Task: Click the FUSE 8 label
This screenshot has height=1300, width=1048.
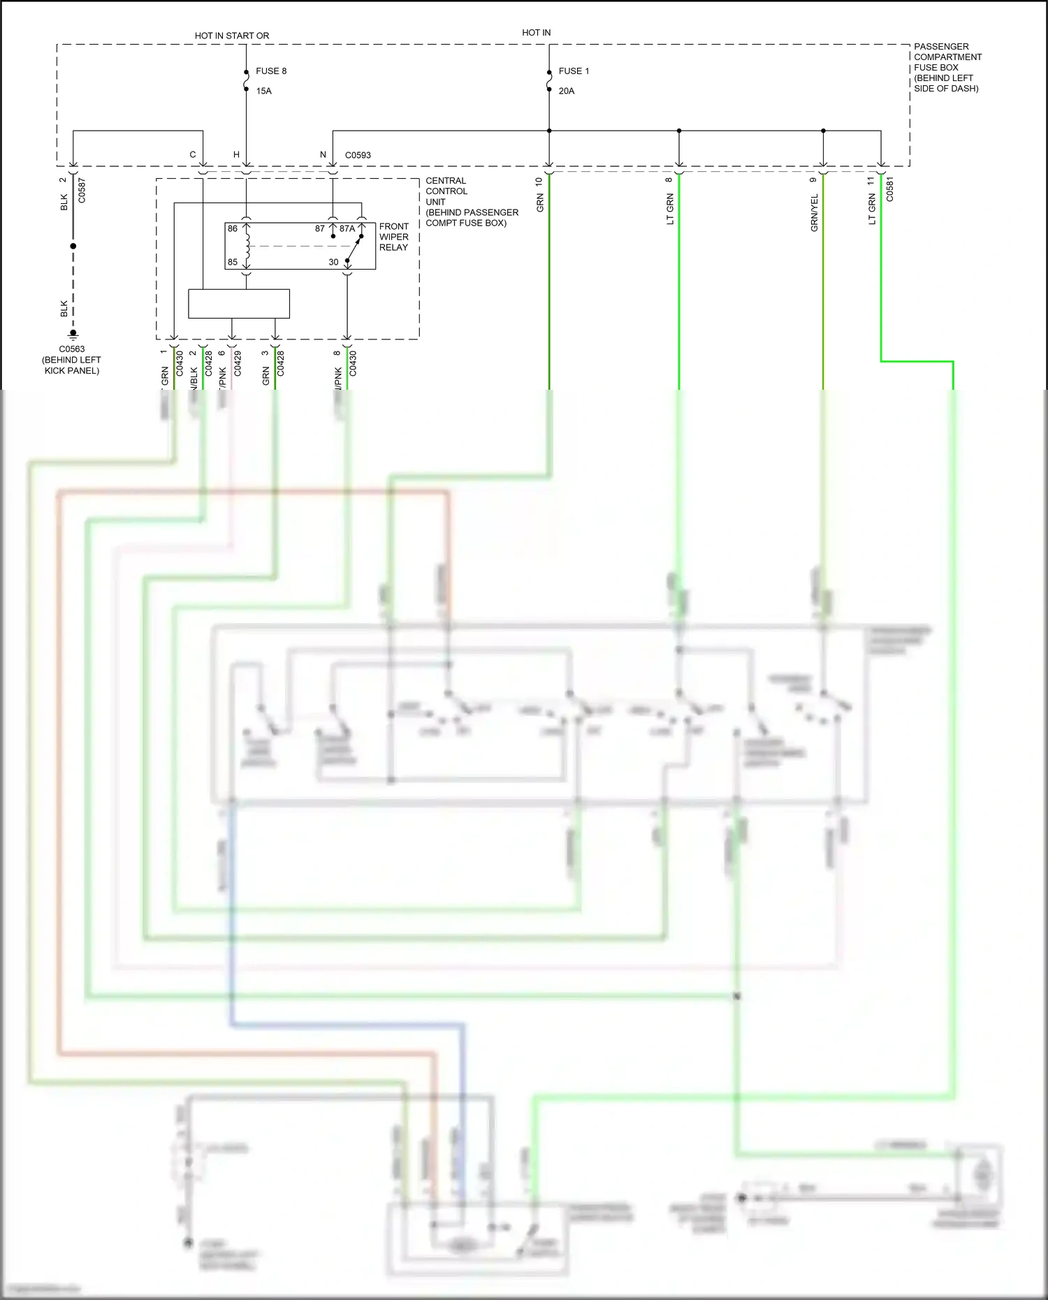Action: click(x=271, y=71)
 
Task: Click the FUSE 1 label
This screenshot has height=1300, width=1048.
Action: click(x=574, y=71)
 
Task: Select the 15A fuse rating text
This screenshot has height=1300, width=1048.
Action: click(x=263, y=92)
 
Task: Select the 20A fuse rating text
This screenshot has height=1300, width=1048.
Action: click(x=566, y=92)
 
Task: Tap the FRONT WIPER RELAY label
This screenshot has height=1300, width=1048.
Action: click(x=393, y=237)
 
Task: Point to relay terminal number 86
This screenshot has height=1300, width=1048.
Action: click(x=233, y=228)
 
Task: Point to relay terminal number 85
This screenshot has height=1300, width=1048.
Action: click(x=233, y=262)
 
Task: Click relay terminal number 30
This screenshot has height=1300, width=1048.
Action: click(x=333, y=262)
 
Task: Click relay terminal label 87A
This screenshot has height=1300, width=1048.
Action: click(x=347, y=228)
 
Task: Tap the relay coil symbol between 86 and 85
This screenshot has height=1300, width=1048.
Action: click(x=247, y=245)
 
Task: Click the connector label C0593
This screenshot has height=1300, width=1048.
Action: click(x=358, y=155)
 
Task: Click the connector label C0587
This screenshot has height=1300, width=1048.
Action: click(x=82, y=191)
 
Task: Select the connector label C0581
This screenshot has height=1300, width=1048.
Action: click(x=889, y=189)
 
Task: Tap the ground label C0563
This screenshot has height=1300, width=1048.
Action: click(x=71, y=349)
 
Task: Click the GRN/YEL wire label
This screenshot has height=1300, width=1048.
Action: click(x=814, y=213)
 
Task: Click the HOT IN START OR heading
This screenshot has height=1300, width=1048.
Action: click(x=231, y=36)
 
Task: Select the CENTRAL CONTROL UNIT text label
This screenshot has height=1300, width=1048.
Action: click(x=446, y=191)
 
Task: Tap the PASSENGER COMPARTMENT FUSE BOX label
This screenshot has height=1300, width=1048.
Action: click(x=947, y=67)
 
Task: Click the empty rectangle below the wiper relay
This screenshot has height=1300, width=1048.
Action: click(x=239, y=304)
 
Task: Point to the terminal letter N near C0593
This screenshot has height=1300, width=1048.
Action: click(x=323, y=155)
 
